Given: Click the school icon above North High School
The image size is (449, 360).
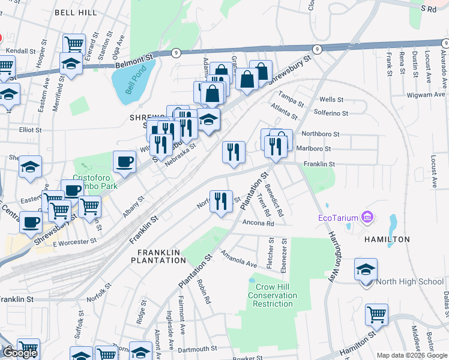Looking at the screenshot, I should [365, 269].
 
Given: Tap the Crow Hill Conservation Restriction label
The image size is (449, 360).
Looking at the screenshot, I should [272, 295].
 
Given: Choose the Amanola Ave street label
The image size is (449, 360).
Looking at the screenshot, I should [238, 259].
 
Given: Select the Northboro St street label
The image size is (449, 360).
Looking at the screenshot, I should [321, 134].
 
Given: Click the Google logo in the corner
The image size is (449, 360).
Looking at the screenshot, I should [20, 353].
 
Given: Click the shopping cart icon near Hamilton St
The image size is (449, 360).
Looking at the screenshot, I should [376, 314].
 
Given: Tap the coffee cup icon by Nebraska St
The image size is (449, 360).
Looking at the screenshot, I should [124, 162].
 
